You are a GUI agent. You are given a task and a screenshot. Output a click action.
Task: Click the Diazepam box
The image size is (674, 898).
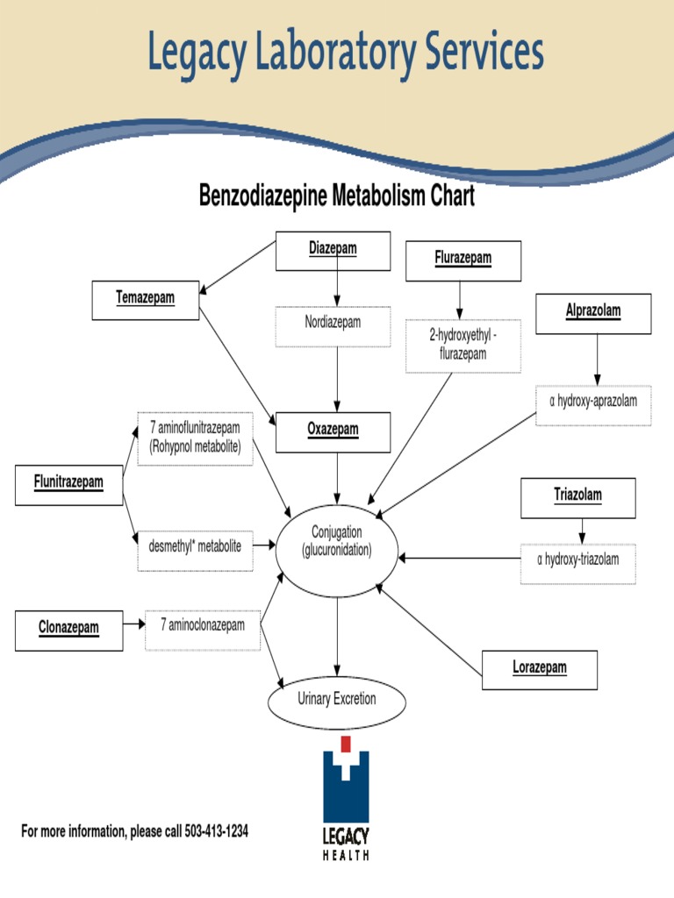(x=333, y=251)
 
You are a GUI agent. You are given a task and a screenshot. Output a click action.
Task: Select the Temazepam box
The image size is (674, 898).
(x=146, y=299)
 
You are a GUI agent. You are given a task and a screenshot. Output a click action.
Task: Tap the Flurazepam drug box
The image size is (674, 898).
(x=462, y=260)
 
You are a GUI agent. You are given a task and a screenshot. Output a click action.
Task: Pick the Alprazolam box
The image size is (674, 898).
(x=593, y=313)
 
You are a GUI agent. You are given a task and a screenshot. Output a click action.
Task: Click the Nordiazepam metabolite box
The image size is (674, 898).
(x=333, y=325)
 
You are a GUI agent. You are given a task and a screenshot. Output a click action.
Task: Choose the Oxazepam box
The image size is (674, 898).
(x=333, y=431)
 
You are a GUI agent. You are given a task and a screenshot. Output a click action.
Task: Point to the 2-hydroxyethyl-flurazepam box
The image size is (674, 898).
(x=462, y=346)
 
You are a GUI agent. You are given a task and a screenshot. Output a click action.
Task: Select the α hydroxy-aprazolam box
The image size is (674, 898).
(x=593, y=404)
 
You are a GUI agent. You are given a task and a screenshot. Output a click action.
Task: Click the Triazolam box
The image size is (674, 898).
(x=577, y=497)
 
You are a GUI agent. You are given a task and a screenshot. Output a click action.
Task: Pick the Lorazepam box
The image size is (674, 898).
(x=540, y=669)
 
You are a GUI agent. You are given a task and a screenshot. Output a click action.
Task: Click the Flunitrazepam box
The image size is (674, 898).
(x=68, y=485)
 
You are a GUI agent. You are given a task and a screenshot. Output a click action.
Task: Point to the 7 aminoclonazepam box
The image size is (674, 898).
(x=202, y=629)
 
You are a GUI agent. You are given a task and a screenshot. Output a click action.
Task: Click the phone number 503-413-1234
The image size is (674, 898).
(x=216, y=831)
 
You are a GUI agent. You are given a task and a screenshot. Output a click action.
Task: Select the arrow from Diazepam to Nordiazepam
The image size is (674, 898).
(x=337, y=289)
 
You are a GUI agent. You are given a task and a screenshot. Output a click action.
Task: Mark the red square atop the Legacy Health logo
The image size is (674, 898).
(x=346, y=745)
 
